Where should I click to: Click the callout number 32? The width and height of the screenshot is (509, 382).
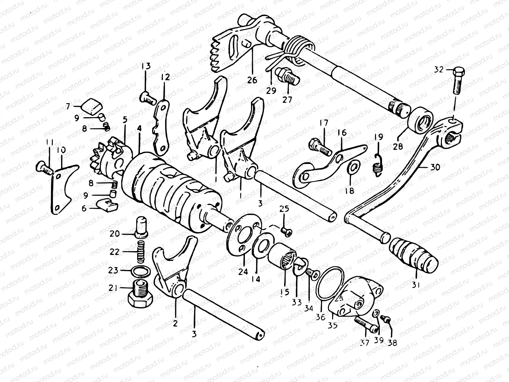pos(439,69)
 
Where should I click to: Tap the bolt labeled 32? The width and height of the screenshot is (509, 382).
pos(457,81)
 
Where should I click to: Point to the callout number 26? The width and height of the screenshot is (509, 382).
pos(252,80)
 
